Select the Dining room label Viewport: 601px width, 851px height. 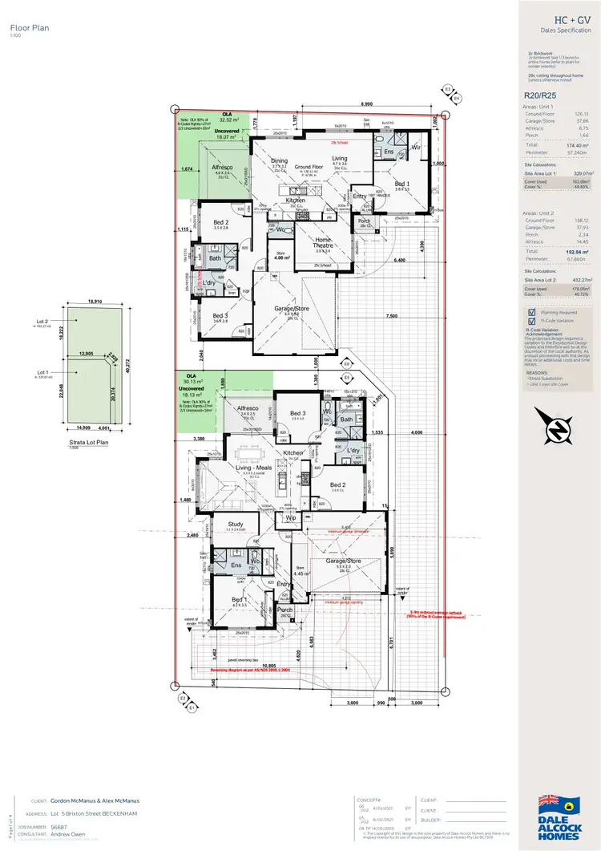click(x=279, y=160)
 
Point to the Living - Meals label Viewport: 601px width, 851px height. click(x=254, y=468)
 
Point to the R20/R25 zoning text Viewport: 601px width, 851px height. click(x=538, y=94)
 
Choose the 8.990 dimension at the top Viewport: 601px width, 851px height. click(x=365, y=105)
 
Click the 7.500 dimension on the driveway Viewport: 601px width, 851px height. click(x=391, y=316)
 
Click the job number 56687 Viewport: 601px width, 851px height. click(x=58, y=825)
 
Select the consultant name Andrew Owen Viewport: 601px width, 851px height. click(x=68, y=833)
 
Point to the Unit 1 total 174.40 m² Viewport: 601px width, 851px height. click(x=577, y=145)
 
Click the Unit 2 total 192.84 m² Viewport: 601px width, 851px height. click(x=577, y=251)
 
